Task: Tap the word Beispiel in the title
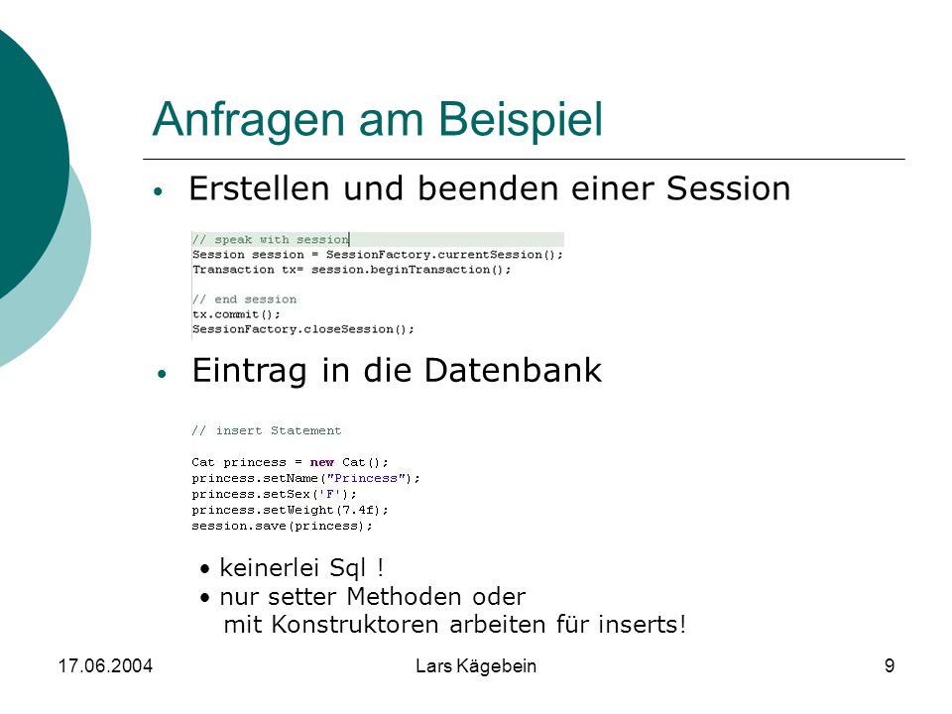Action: tap(521, 119)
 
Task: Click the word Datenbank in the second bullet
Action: tap(513, 370)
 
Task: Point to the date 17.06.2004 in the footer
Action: tap(105, 666)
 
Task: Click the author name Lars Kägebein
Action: tap(476, 666)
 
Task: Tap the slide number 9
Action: tap(890, 666)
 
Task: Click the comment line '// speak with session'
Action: tap(271, 239)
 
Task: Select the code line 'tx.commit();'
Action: tap(236, 314)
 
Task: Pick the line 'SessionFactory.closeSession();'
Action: tap(303, 329)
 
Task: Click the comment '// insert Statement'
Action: tap(267, 430)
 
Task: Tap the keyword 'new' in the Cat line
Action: tap(321, 462)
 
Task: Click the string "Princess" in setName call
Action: tap(366, 478)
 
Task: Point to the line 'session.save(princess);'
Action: tap(282, 526)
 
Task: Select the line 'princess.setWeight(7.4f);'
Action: tap(290, 510)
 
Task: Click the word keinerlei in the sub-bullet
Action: tap(269, 567)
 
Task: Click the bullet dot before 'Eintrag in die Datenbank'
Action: tap(162, 374)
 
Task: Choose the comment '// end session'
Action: tap(245, 299)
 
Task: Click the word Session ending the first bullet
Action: tap(729, 188)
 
